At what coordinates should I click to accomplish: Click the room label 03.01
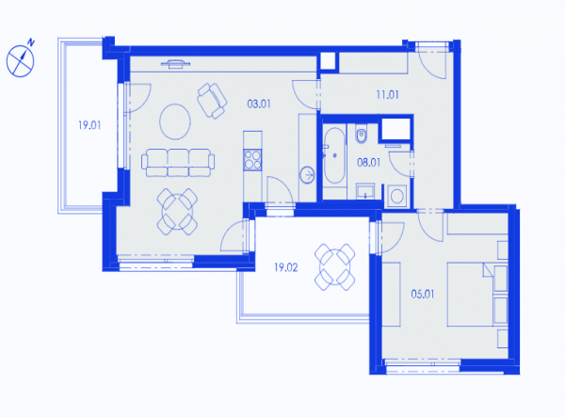tap(259, 104)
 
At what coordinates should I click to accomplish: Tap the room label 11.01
tap(387, 95)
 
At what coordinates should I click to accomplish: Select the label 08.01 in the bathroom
tap(368, 163)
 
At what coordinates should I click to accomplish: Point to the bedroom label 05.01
tap(423, 295)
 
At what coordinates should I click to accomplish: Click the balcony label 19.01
tap(89, 125)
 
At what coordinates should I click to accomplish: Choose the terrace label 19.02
tap(285, 267)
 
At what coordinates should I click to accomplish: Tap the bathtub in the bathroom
tap(334, 155)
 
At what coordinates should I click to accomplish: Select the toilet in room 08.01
tap(362, 134)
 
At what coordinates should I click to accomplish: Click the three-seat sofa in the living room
tap(178, 163)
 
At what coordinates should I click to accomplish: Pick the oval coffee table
tap(175, 121)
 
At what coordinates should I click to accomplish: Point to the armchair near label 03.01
tap(212, 101)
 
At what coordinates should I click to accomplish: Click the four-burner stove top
tap(252, 159)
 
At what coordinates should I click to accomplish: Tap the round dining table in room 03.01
tap(177, 212)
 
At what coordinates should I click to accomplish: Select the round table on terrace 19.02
tap(334, 266)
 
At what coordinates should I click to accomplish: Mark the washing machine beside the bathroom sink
tap(397, 196)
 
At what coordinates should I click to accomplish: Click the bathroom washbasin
tap(365, 190)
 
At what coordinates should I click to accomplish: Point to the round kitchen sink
tap(307, 175)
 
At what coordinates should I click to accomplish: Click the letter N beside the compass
tap(31, 42)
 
